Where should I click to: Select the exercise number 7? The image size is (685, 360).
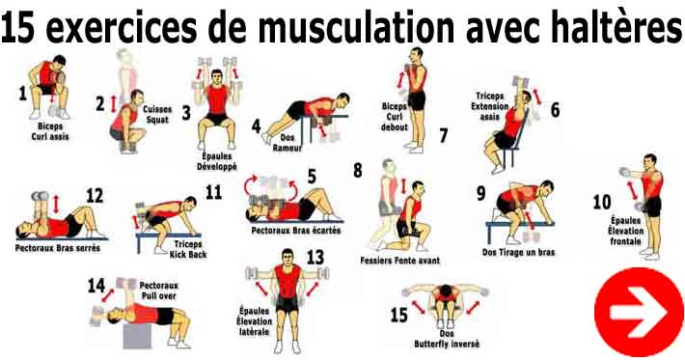[x=443, y=135]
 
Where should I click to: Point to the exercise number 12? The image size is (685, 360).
[x=94, y=196]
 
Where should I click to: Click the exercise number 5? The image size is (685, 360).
[x=311, y=177]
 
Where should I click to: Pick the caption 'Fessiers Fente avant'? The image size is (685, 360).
[x=399, y=259]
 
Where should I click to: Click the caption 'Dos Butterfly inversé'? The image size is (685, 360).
[x=446, y=339]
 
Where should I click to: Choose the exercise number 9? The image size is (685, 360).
[x=480, y=193]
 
